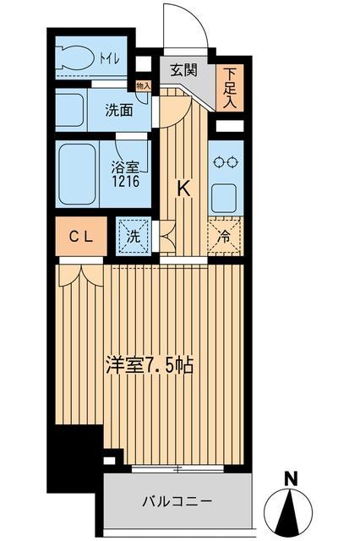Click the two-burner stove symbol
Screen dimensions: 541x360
[x=225, y=166]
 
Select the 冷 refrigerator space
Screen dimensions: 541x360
[x=225, y=236]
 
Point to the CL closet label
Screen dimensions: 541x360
[x=81, y=237]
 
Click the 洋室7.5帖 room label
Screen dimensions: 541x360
[x=150, y=366]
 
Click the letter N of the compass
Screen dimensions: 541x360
[x=290, y=479]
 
